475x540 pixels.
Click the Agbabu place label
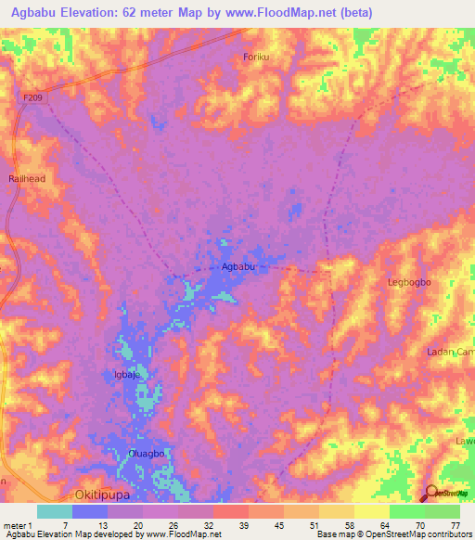(x=237, y=267)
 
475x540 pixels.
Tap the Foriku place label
(x=256, y=58)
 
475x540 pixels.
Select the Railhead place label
(x=26, y=178)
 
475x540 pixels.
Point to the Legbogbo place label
(x=408, y=280)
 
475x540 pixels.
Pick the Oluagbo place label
(x=147, y=454)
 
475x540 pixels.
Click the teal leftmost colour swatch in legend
(x=54, y=511)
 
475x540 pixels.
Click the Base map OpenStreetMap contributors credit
(x=393, y=534)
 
